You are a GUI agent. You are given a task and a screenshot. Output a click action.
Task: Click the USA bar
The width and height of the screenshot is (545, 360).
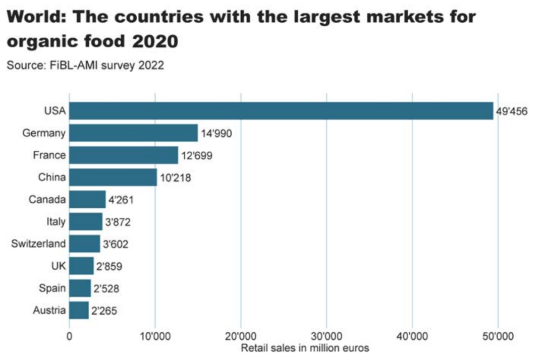[x=281, y=111]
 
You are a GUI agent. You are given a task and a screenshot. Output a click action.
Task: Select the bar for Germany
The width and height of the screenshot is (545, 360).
[x=133, y=133]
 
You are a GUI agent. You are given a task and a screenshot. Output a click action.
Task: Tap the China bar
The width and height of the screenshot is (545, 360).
[x=113, y=177]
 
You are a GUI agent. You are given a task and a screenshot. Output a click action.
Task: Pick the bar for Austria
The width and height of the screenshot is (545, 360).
[x=79, y=310]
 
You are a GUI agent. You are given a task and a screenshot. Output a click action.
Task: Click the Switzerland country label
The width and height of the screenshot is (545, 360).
[x=38, y=244]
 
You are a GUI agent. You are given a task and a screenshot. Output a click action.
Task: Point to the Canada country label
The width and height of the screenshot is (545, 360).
[x=47, y=200]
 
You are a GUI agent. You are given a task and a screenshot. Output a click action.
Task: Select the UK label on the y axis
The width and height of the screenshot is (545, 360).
[x=59, y=266]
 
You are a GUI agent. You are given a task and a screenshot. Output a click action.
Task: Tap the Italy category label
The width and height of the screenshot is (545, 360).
[x=56, y=222]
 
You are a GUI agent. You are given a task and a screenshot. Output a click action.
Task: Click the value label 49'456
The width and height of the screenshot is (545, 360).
[x=511, y=111]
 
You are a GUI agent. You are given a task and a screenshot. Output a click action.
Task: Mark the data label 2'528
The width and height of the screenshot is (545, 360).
[x=107, y=289]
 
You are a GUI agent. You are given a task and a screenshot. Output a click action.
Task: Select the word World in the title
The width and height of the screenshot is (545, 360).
[x=35, y=17]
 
